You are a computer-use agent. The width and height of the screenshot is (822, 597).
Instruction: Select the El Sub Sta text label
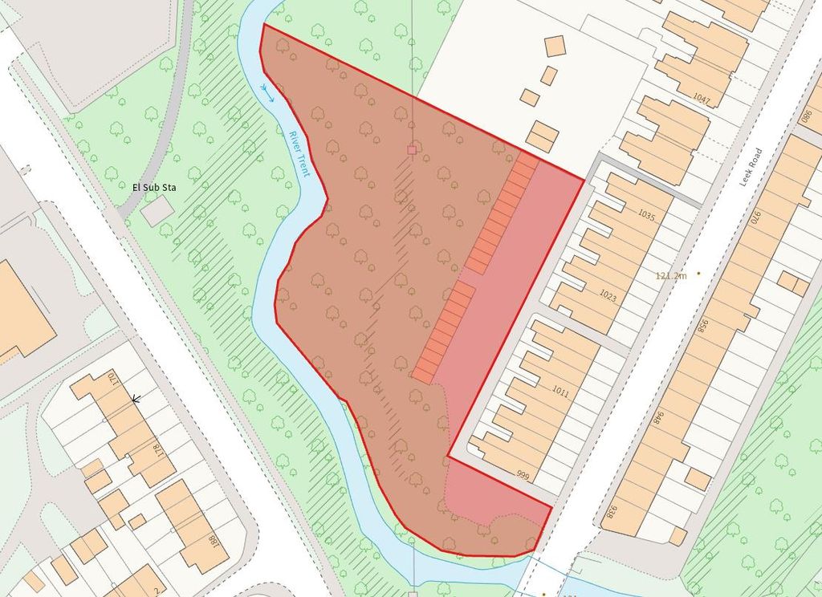(154, 189)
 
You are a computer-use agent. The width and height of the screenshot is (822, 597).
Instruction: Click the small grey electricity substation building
(158, 210)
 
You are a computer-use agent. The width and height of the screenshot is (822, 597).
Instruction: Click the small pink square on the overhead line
(412, 149)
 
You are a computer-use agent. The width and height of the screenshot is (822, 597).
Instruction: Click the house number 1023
(608, 295)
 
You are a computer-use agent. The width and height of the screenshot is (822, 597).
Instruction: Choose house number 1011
(560, 392)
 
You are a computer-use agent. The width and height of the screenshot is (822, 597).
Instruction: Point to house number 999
(524, 474)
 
